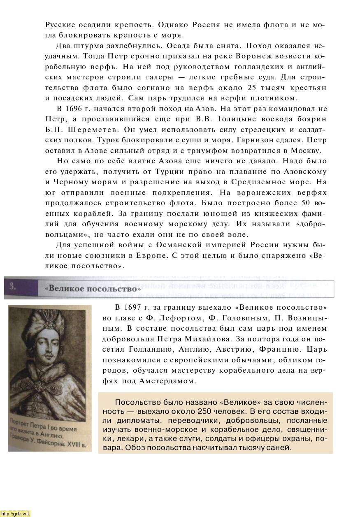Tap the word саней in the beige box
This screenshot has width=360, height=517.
281,447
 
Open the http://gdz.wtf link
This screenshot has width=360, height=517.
16,513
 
